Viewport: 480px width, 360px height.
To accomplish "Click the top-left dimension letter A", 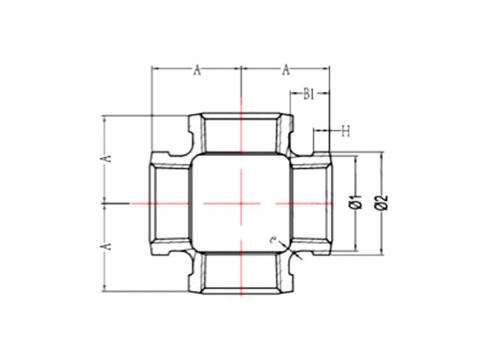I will [197, 70].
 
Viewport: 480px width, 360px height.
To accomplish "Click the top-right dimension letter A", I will [286, 70].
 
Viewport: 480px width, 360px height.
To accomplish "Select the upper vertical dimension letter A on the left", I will [108, 158].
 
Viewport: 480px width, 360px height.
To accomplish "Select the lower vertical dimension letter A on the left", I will [108, 245].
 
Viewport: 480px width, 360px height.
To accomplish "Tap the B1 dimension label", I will [307, 94].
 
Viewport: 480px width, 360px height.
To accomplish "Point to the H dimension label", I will [346, 132].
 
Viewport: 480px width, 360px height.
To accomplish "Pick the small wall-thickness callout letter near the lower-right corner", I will [274, 239].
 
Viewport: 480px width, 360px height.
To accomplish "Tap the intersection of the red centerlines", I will [241, 202].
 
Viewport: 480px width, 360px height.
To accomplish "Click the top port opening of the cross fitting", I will [241, 131].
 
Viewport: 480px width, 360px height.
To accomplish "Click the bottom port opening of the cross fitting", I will [241, 274].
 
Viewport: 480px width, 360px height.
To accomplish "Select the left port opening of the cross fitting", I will [169, 202].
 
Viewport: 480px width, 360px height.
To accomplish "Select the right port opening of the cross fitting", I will [311, 202].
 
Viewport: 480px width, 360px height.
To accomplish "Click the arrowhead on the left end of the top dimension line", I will [155, 70].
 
